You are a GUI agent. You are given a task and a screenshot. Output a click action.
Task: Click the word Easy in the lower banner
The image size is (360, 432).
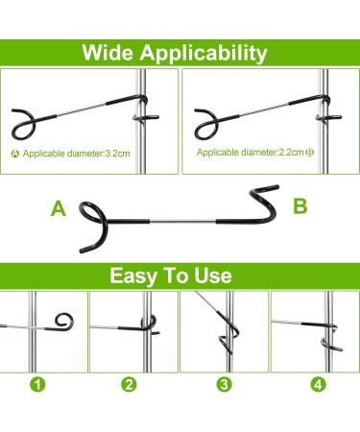tap(132, 276)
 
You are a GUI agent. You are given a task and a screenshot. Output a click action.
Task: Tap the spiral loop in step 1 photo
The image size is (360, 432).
tap(63, 319)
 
